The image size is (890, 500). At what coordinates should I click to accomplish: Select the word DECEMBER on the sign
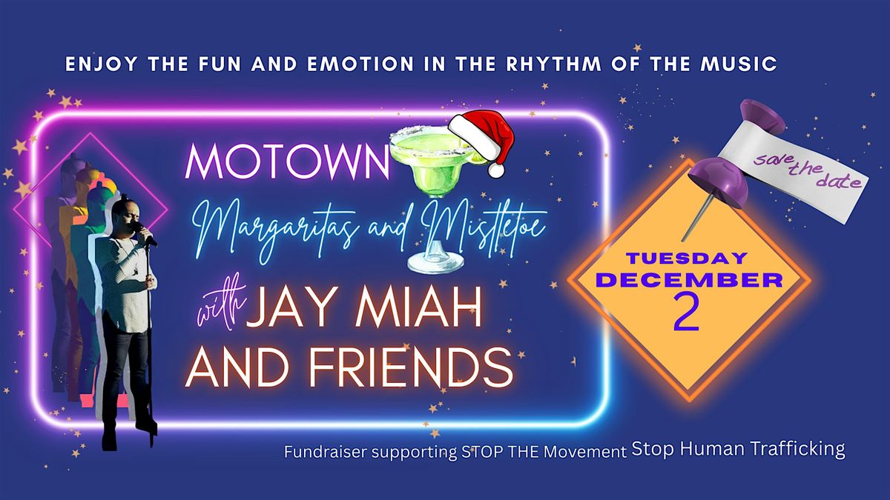[x=688, y=280]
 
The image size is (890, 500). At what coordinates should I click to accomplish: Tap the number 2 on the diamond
[x=687, y=314]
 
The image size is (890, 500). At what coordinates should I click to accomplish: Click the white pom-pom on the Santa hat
[x=496, y=170]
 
